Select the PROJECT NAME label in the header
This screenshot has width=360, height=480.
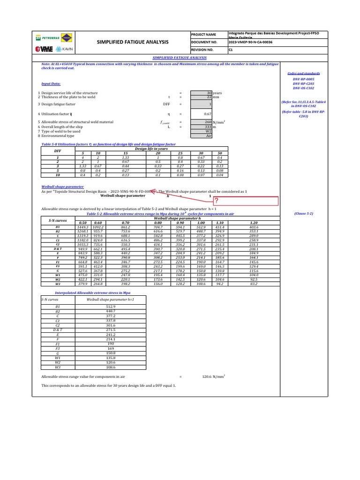click(x=204, y=35)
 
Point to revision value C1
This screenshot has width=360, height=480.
click(x=231, y=49)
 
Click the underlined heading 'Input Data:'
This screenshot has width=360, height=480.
click(x=51, y=84)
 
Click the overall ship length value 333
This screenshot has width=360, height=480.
click(x=209, y=127)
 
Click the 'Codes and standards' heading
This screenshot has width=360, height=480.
click(x=304, y=74)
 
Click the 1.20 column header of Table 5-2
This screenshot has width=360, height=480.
click(x=254, y=222)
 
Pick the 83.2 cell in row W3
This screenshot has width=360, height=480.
click(x=254, y=284)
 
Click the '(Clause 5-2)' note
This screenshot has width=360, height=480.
click(x=304, y=213)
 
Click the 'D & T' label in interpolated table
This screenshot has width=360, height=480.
click(x=58, y=330)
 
